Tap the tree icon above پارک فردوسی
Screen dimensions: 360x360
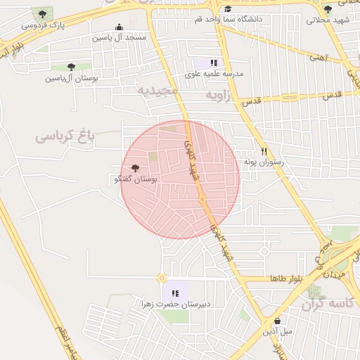[x=44, y=13]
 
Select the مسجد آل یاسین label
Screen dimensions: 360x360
[x=124, y=37]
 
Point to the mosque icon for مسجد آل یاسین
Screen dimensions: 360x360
[x=124, y=26]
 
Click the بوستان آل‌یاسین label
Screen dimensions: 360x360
[x=71, y=78]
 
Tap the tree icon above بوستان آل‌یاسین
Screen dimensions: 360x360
[x=71, y=67]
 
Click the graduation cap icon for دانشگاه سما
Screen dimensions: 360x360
[x=228, y=8]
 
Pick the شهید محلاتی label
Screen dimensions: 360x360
[x=328, y=20]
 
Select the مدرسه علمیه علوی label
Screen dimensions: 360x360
[x=214, y=73]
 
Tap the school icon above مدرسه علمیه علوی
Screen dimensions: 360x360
[x=214, y=63]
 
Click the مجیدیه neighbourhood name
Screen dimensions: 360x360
[x=159, y=91]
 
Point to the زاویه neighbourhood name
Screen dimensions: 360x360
[x=218, y=94]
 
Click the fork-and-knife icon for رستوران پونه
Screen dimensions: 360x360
[x=264, y=151]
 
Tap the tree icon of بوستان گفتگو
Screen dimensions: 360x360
[x=136, y=169]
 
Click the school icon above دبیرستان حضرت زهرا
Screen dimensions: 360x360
[x=175, y=293]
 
